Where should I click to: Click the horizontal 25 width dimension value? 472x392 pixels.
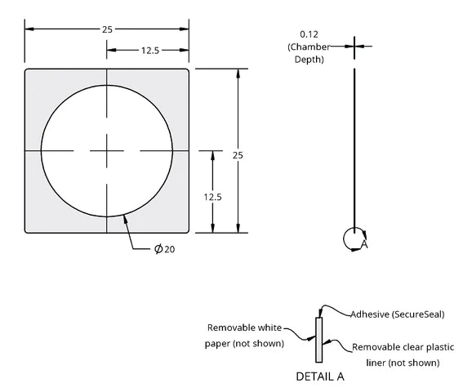point(107,29)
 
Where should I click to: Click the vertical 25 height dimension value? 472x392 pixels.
point(238,155)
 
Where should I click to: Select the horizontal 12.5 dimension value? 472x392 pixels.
point(150,51)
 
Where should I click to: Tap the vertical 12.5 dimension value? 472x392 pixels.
point(212,197)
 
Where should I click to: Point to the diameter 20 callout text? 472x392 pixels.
point(164,249)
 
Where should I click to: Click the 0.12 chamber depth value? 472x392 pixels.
point(309,34)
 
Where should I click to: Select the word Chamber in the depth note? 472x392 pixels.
point(309,47)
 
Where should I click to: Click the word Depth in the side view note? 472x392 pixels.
point(308,60)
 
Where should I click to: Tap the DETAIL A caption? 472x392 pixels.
point(319,376)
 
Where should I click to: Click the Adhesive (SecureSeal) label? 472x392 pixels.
point(398,314)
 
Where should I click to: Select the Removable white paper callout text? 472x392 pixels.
point(244,336)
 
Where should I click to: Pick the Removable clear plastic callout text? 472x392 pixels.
point(403,347)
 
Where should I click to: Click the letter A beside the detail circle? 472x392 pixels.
point(364,244)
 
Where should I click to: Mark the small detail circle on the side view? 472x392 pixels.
point(344,238)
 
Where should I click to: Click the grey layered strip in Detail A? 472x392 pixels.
point(319,340)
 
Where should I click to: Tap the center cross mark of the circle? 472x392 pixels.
point(107,150)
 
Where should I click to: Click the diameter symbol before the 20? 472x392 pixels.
point(158,249)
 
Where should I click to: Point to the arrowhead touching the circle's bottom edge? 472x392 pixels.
point(125,219)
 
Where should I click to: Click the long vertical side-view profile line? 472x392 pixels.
point(354,150)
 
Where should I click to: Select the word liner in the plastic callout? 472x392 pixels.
point(376,363)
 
